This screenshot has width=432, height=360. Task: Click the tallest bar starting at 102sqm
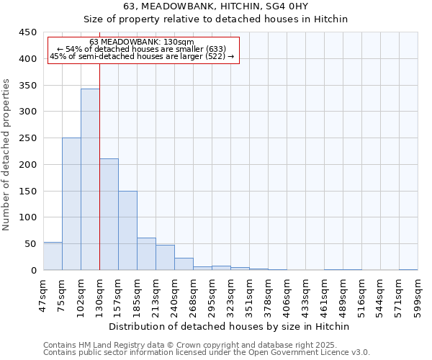[90, 180]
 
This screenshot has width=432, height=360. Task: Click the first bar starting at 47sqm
[53, 256]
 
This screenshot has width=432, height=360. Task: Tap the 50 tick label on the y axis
[31, 244]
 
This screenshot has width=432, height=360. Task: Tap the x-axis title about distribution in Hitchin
[230, 326]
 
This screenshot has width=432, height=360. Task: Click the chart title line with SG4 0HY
[216, 6]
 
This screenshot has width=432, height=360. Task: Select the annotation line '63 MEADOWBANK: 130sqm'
[142, 42]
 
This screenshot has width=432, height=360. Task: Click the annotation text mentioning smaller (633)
[142, 49]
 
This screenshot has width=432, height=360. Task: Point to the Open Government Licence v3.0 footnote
[207, 352]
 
